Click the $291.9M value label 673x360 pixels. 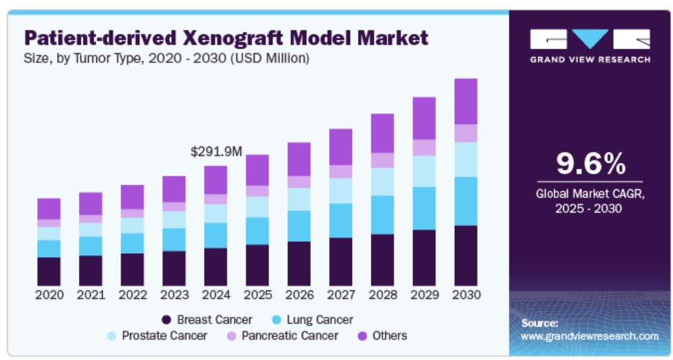[216, 152]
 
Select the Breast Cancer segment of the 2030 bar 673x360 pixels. [465, 255]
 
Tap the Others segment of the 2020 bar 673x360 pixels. [49, 209]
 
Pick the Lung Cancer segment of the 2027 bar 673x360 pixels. [341, 221]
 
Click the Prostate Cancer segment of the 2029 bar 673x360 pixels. [424, 171]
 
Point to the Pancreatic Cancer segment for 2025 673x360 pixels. [257, 191]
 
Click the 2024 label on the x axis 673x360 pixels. [216, 294]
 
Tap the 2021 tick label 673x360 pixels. [91, 294]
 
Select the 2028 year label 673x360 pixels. [383, 294]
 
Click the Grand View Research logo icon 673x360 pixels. [589, 39]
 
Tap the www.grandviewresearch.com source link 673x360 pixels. [589, 336]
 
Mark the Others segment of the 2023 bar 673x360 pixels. [174, 189]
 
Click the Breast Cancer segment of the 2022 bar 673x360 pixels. [133, 269]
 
